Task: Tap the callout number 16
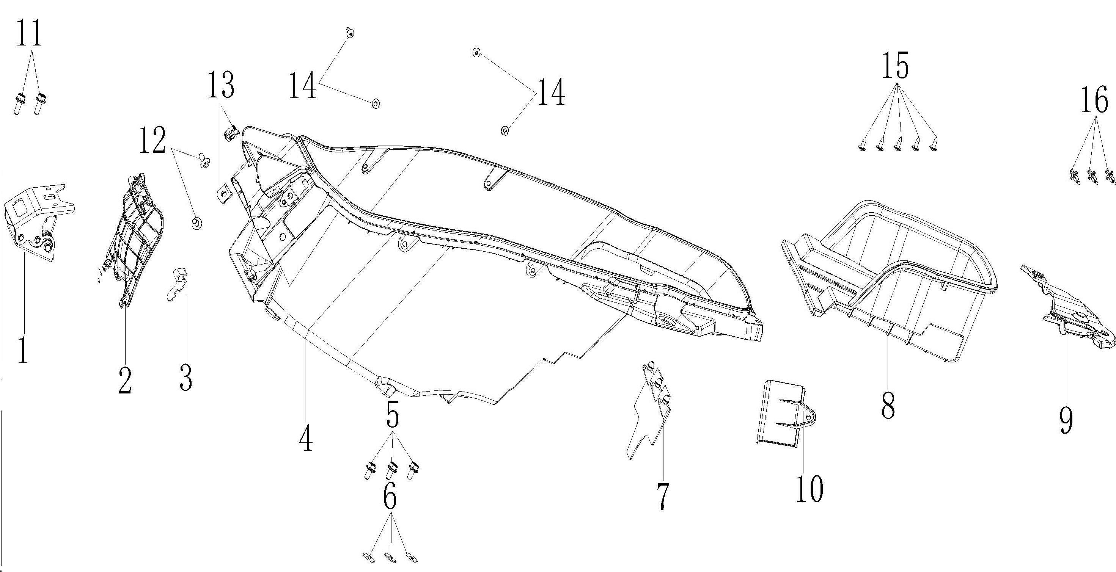pos(1095,99)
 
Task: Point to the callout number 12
pos(152,140)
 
